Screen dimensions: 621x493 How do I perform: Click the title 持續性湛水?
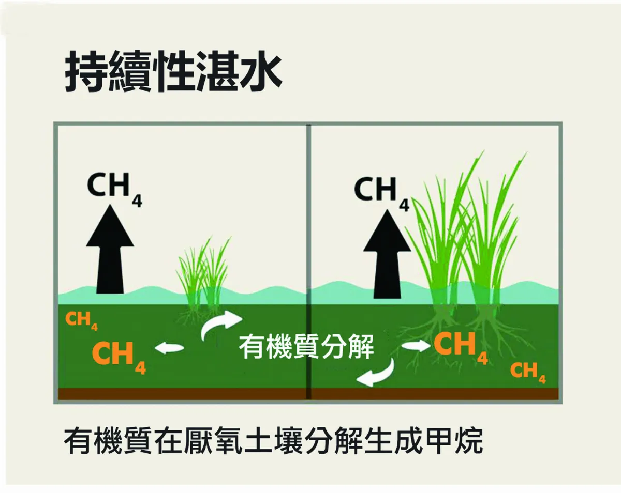point(173,71)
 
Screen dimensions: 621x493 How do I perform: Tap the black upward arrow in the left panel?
point(110,250)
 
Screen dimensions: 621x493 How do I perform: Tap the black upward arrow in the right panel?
point(387,254)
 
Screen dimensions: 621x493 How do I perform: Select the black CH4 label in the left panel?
point(114,190)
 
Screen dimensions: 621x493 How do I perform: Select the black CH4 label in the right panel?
point(382,194)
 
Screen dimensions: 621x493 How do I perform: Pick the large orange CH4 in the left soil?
point(119,357)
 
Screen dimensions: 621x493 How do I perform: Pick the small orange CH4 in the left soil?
point(81,321)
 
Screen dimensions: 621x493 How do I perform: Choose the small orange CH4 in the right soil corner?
point(528,373)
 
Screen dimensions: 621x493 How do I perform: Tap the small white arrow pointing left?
point(169,348)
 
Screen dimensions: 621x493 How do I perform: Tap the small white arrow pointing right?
point(416,346)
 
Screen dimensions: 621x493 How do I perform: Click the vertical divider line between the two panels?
point(308,262)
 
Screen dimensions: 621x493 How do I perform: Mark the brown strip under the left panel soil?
point(182,394)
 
